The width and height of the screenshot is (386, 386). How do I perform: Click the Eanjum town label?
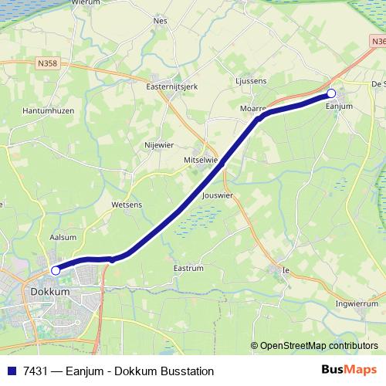coord(339,106)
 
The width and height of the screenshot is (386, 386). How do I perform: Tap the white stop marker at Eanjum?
coord(331,93)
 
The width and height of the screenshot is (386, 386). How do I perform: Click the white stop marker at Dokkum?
coord(55,271)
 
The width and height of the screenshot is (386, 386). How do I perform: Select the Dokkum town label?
coord(50,293)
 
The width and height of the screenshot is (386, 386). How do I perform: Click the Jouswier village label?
coord(217,196)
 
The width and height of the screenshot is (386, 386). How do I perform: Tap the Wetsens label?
coord(127,205)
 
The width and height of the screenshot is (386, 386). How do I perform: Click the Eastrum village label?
coord(188,269)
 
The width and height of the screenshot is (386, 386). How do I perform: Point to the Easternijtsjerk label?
coord(172,86)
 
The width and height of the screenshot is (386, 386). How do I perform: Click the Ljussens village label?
coord(250,80)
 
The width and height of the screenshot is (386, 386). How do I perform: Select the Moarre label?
coord(252,109)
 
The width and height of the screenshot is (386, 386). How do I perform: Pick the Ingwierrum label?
coord(357,304)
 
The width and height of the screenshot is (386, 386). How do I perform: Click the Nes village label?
coord(161,21)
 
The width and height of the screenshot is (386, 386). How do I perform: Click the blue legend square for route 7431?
coord(11,371)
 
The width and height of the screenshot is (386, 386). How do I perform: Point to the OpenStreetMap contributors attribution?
coord(314,346)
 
